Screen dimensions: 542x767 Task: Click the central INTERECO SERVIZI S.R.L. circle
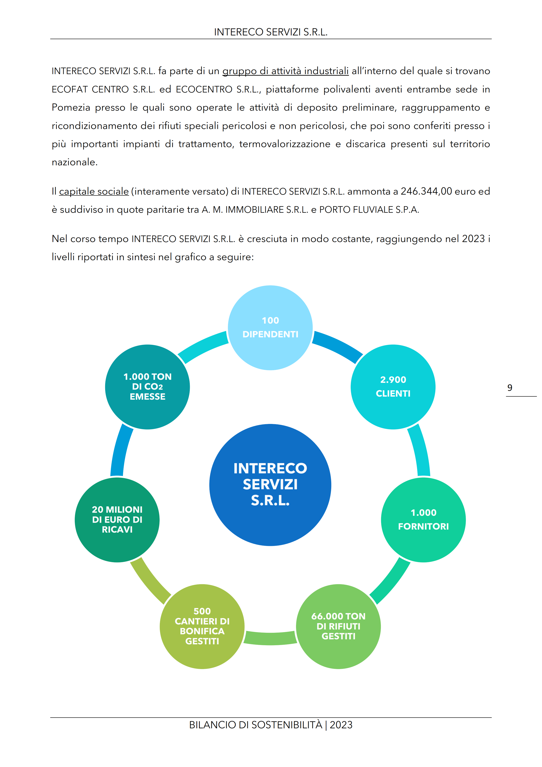270,485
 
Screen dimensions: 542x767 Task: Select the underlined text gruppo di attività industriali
286,71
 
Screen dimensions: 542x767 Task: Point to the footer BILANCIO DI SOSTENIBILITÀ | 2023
271,725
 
